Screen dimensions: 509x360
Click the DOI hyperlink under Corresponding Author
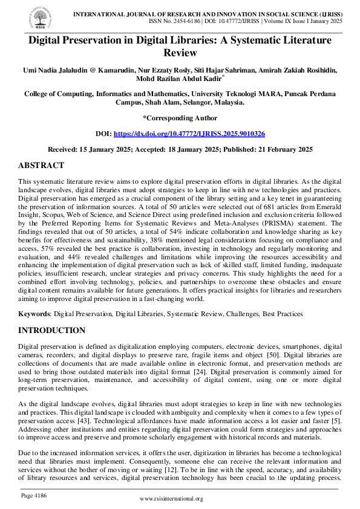point(189,133)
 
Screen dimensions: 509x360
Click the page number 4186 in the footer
point(34,496)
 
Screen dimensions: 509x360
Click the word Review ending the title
point(180,52)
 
